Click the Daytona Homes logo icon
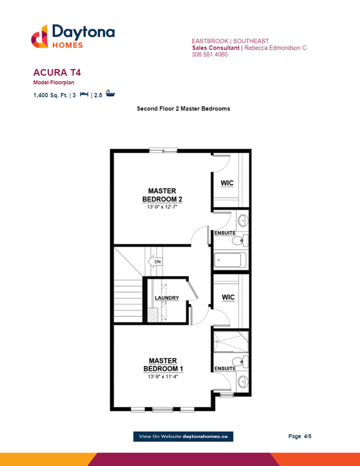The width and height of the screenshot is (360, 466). [x=39, y=37]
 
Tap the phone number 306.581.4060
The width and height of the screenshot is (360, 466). [x=210, y=55]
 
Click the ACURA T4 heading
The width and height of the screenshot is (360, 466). [x=57, y=73]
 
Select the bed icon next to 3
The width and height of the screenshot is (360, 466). [x=84, y=94]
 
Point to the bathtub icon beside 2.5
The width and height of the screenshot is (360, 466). [x=110, y=93]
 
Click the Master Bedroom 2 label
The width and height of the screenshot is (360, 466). [x=162, y=195]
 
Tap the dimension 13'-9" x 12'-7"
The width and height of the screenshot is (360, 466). [x=162, y=207]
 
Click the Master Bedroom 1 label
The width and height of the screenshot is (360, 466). [x=163, y=365]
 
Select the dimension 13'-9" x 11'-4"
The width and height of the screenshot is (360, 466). [x=163, y=377]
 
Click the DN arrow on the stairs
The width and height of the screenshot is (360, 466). [x=155, y=262]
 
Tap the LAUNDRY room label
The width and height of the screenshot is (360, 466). [x=167, y=298]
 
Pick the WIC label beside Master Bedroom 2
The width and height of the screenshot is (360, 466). [x=227, y=183]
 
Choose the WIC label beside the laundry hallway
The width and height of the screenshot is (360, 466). [x=228, y=297]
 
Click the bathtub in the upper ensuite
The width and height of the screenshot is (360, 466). [x=228, y=260]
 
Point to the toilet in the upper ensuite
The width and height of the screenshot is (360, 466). [x=240, y=240]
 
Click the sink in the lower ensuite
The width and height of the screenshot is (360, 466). [x=242, y=382]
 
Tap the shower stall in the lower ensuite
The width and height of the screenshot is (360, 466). [x=231, y=341]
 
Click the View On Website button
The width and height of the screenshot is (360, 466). [x=183, y=437]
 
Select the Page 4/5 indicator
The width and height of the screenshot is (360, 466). [x=300, y=436]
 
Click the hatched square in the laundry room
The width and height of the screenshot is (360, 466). [x=152, y=315]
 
